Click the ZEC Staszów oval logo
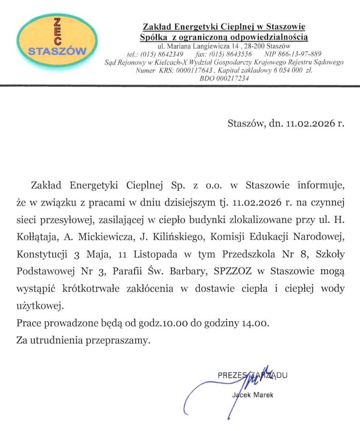tap(57, 40)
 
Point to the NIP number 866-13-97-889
tap(300, 54)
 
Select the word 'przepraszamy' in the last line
tap(117, 340)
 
